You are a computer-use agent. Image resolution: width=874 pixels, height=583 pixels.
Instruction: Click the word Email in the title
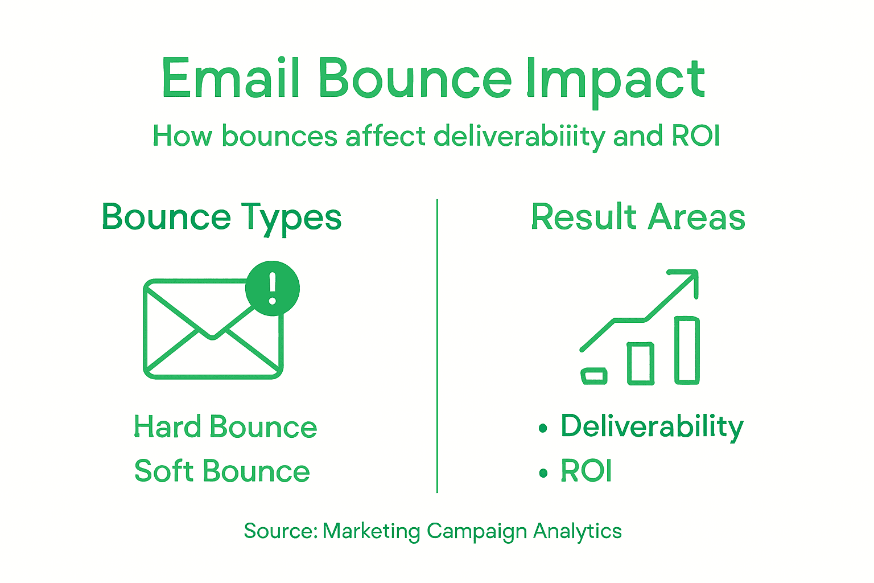click(x=230, y=79)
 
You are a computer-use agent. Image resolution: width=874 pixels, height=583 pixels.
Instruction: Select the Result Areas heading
click(x=638, y=217)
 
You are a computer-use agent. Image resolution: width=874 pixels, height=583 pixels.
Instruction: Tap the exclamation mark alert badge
click(x=273, y=288)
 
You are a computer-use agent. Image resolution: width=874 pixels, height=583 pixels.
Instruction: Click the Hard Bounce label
click(x=225, y=427)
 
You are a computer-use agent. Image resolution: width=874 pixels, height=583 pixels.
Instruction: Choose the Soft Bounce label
click(x=222, y=471)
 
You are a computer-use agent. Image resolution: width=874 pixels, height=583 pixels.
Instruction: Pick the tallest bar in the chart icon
click(x=687, y=350)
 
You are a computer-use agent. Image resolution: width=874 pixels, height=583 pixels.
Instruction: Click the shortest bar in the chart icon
click(x=593, y=376)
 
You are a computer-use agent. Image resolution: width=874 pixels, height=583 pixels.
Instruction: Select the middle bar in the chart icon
click(x=640, y=363)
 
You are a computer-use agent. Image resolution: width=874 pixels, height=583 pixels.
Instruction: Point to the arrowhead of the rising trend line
click(x=690, y=278)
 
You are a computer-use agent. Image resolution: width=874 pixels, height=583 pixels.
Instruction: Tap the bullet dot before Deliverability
click(x=543, y=428)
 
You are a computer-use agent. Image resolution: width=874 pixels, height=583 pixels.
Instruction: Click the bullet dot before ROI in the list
click(x=543, y=473)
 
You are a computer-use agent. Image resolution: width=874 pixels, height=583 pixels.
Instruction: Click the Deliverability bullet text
click(x=652, y=427)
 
